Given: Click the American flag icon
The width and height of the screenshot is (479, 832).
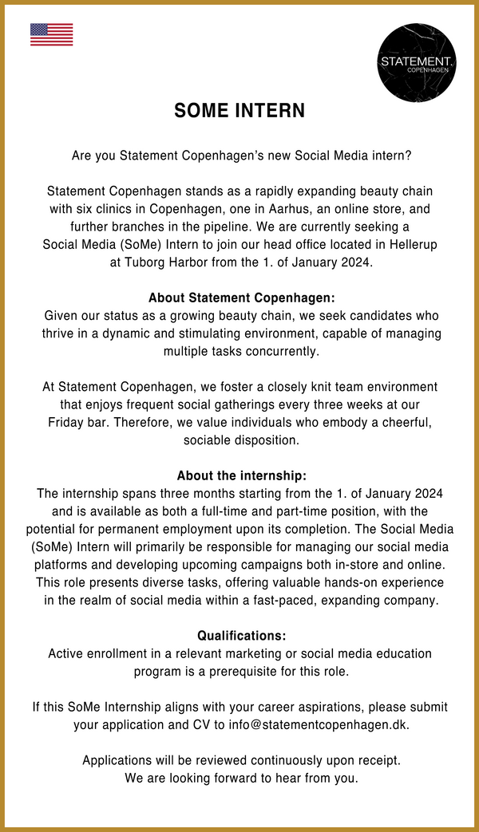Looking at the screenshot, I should click(x=51, y=34).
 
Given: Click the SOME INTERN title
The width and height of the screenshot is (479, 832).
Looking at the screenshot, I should click(x=239, y=111).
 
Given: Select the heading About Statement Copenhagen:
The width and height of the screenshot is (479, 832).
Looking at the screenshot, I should click(x=239, y=298).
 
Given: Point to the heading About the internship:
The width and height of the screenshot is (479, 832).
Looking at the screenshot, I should click(x=239, y=475).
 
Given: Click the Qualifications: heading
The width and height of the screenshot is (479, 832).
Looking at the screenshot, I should click(x=239, y=636).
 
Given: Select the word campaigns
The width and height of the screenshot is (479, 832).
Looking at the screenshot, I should click(x=283, y=564).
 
